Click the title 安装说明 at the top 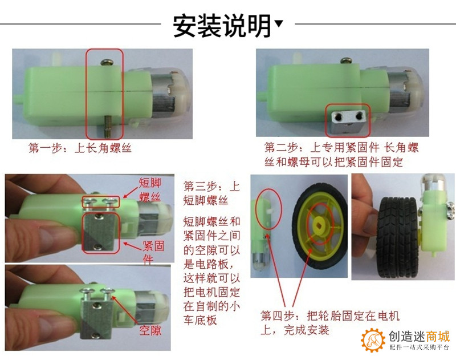[x=222, y=26]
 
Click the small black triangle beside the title [x=279, y=23]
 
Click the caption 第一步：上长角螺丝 [x=80, y=148]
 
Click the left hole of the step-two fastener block [x=338, y=117]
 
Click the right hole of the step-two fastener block [x=359, y=116]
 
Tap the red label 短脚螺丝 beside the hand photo [x=150, y=190]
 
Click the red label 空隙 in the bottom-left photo [x=150, y=330]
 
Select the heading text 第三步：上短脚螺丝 [x=211, y=193]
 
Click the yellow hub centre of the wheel [x=320, y=224]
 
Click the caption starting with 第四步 [x=330, y=323]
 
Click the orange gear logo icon [x=373, y=339]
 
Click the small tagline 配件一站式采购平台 [x=419, y=347]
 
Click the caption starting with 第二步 [x=341, y=155]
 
